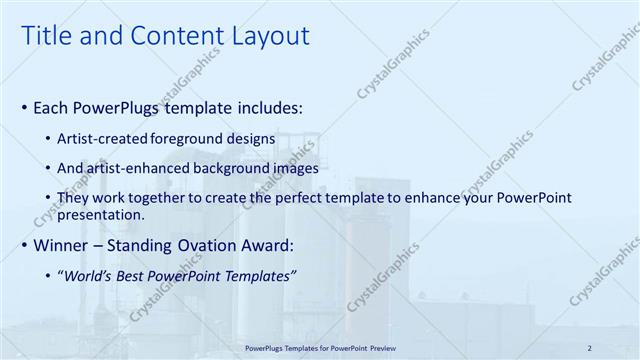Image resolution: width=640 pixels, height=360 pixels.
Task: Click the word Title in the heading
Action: (x=44, y=36)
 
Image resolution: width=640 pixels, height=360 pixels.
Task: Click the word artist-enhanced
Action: (x=134, y=168)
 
